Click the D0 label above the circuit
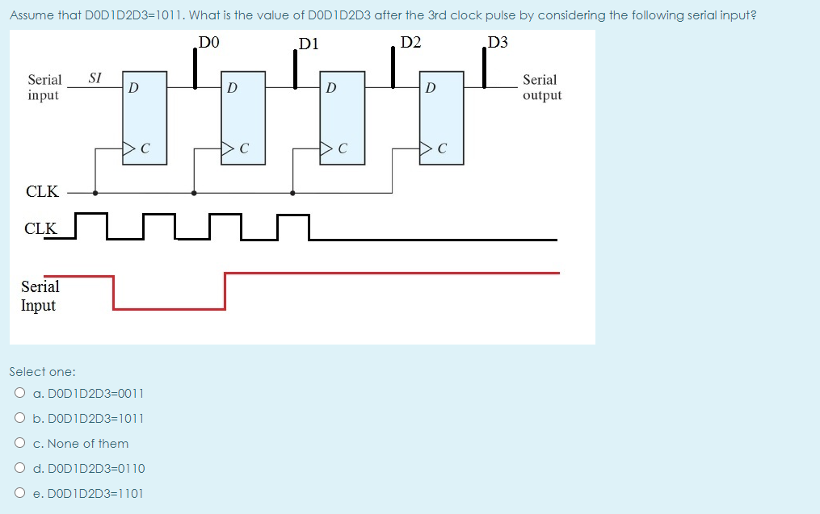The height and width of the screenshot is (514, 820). tap(209, 43)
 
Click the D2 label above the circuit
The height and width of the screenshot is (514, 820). tap(410, 43)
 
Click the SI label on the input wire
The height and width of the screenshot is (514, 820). tap(95, 77)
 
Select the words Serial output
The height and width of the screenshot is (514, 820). tap(541, 87)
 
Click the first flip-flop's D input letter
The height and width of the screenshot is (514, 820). tap(133, 86)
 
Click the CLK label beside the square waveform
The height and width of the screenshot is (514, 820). tap(40, 228)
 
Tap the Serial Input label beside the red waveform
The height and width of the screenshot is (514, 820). tap(40, 296)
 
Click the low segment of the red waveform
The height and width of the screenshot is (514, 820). tap(169, 308)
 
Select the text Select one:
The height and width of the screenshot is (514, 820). tap(42, 372)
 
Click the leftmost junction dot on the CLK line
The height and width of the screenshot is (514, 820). tap(95, 193)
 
